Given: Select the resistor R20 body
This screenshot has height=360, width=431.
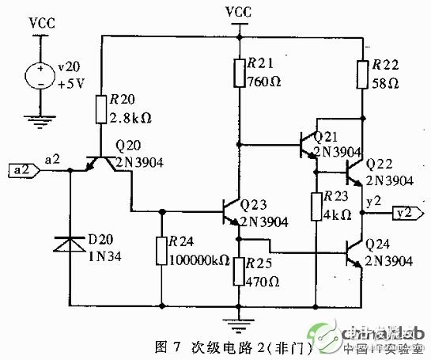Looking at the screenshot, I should point(101,109).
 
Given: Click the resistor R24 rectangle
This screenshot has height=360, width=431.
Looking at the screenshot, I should point(162,251).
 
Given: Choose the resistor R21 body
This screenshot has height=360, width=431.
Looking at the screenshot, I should point(238,73).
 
